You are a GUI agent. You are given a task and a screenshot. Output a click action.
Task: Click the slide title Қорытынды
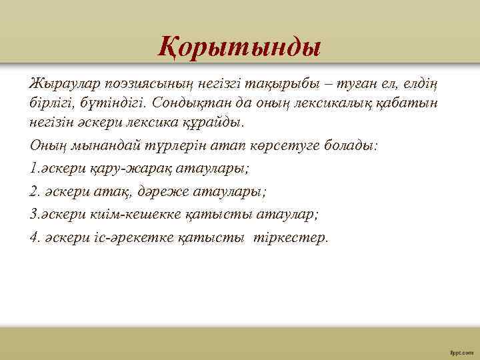coord(240,46)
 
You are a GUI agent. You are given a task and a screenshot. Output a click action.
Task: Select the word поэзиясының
coord(135,82)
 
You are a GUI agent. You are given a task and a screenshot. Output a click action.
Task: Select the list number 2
coord(34,191)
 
